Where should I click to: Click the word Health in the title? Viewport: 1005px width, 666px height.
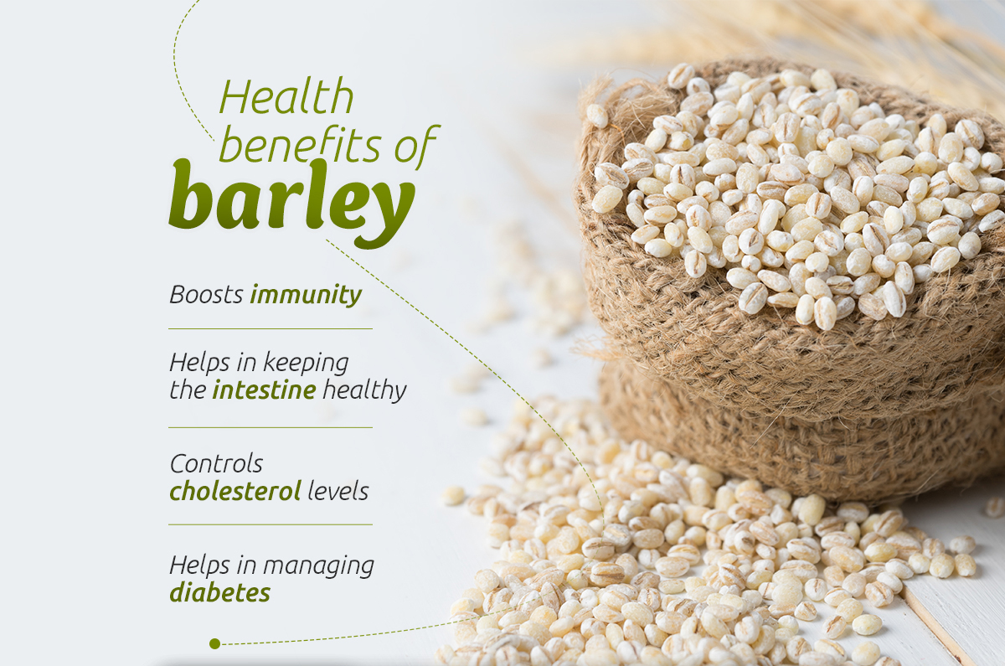click(286, 96)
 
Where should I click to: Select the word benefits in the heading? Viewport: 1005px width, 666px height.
click(300, 144)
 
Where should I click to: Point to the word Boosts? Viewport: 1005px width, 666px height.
click(206, 295)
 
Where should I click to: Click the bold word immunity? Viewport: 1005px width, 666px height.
click(306, 296)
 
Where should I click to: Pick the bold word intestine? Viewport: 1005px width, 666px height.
click(265, 390)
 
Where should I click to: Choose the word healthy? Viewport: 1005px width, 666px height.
click(364, 390)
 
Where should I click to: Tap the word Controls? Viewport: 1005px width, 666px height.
click(216, 463)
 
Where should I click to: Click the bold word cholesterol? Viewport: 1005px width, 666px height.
click(235, 491)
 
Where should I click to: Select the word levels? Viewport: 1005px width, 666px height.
click(338, 491)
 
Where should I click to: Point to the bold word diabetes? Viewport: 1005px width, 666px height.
click(219, 592)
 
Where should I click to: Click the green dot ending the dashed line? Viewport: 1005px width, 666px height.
click(215, 644)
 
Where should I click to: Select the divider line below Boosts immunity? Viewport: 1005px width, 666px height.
click(271, 328)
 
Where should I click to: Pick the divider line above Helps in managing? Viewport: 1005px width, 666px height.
click(271, 524)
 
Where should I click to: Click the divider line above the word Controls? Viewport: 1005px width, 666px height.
click(271, 427)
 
